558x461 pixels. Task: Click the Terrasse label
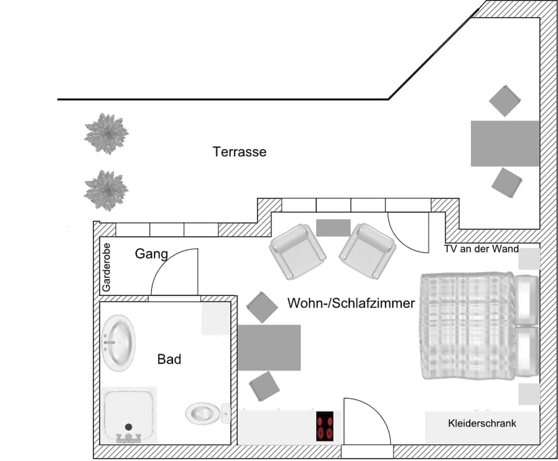(239, 152)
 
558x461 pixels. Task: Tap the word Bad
(169, 359)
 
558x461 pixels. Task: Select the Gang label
(151, 254)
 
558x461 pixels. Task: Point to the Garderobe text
(107, 267)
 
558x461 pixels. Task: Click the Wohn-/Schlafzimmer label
(351, 304)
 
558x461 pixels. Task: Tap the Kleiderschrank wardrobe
(482, 424)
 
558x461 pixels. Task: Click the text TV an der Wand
(482, 249)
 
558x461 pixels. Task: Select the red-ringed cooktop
(325, 426)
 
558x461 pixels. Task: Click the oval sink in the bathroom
(118, 342)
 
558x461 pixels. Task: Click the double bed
(469, 325)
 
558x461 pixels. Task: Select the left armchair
(297, 251)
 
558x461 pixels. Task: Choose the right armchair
(367, 251)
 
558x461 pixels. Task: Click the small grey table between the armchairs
(333, 227)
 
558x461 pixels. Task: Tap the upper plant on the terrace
(106, 133)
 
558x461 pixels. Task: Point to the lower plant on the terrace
(106, 190)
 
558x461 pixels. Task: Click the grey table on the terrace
(504, 143)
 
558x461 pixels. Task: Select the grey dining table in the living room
(269, 348)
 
